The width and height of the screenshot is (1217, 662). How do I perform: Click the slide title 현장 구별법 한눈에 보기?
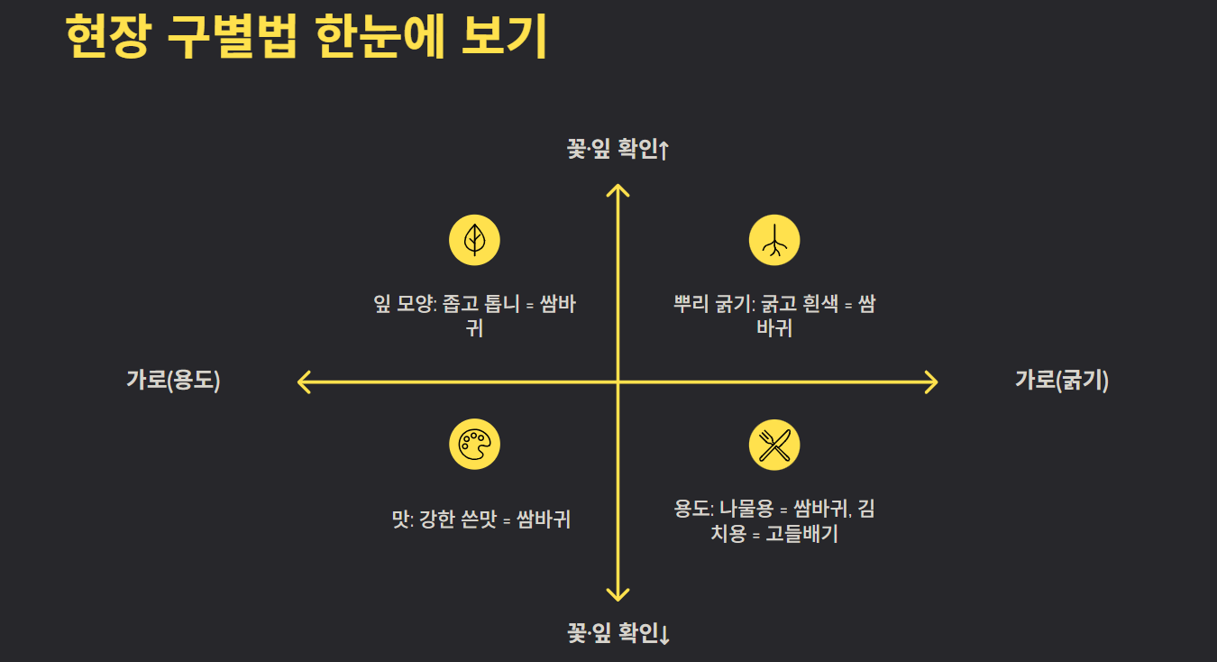pos(307,36)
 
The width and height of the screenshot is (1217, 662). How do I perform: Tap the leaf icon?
pos(474,241)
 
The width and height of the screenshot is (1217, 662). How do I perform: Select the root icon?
pos(774,241)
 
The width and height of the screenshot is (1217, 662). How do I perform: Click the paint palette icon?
pos(474,445)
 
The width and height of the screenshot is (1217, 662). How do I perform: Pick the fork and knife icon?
pos(774,445)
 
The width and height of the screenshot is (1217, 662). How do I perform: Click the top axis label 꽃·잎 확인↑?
pos(618,150)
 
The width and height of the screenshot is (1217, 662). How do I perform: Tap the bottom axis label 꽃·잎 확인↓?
pos(618,634)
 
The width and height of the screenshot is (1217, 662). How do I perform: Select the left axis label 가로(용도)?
pos(173,381)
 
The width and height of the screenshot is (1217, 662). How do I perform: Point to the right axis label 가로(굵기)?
pos(1062,381)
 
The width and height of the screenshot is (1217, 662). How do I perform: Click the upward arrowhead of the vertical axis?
pos(618,188)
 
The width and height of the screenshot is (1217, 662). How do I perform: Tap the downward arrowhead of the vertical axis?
pos(618,595)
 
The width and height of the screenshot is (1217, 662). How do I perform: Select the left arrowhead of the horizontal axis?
pos(303,382)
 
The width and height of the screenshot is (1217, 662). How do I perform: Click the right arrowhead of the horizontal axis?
pos(932,382)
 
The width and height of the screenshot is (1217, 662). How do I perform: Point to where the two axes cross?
pos(618,382)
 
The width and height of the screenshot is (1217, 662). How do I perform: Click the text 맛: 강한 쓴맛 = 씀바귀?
pos(481,519)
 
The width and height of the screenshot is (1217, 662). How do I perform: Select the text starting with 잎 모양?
pos(474,315)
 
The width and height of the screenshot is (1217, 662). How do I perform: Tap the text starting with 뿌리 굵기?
pos(774,315)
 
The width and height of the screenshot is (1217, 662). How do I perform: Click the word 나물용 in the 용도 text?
pos(749,510)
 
